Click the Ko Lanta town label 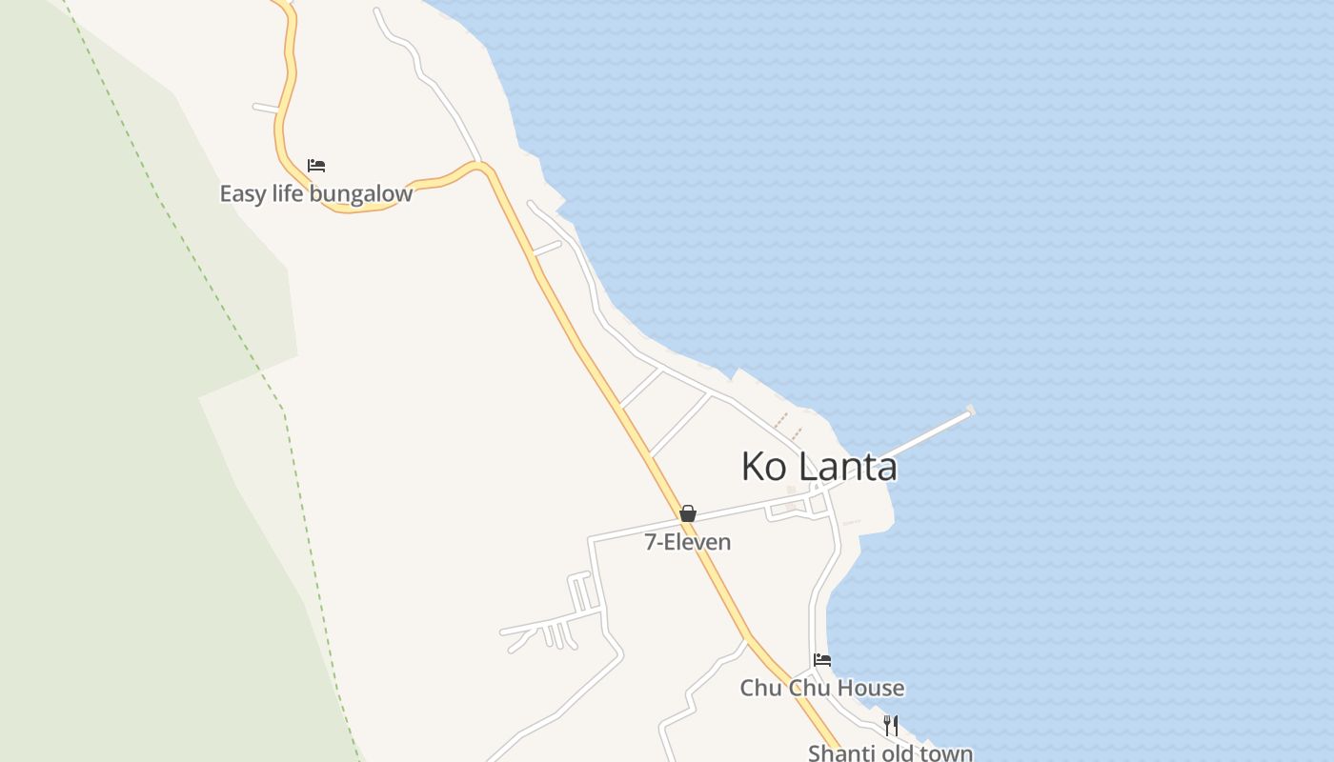click(819, 467)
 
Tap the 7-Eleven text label click(688, 543)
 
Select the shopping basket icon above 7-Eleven click(688, 513)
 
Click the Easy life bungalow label click(315, 194)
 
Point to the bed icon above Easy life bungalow click(316, 166)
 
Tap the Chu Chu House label click(821, 688)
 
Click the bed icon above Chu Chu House click(821, 659)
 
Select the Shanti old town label click(890, 753)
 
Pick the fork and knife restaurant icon click(890, 725)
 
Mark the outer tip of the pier click(970, 411)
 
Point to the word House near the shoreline click(868, 688)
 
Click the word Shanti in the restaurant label click(839, 753)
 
